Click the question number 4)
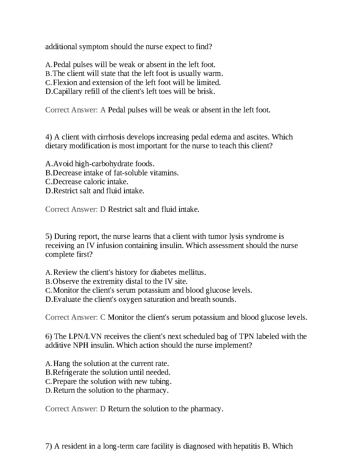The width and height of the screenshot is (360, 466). (49, 137)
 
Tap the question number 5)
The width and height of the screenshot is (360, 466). (49, 237)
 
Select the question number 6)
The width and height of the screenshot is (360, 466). (49, 337)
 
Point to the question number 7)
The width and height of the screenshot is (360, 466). (49, 446)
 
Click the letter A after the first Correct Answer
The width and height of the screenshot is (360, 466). (103, 110)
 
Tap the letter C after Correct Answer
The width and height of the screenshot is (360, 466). (103, 317)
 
